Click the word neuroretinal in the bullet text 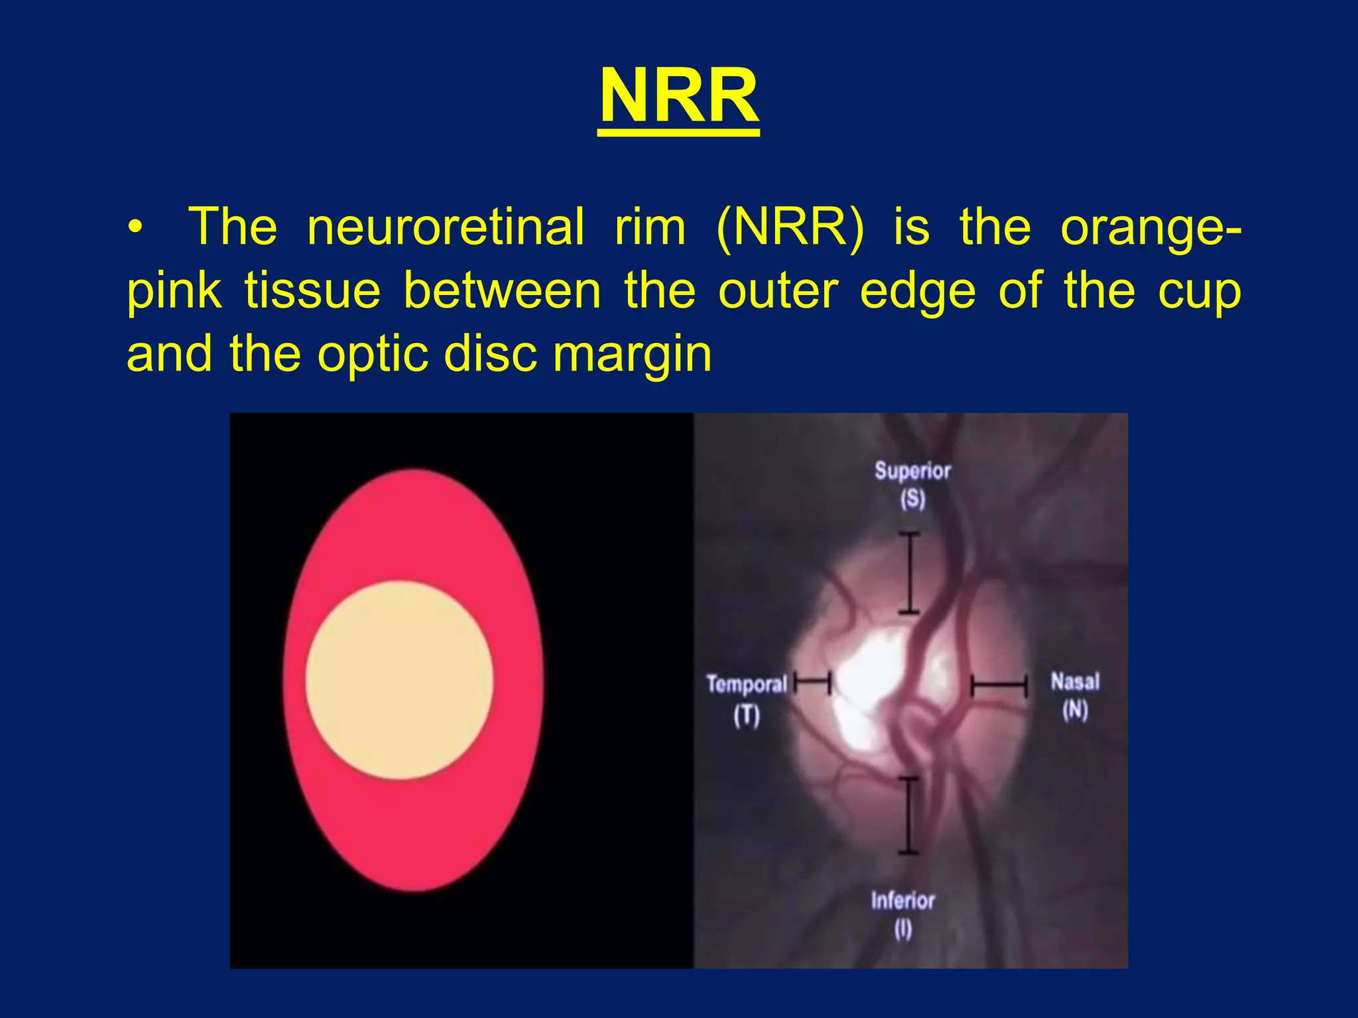point(446,227)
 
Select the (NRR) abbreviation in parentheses point(790,227)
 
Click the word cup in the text point(1199,292)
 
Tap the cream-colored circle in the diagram point(399,679)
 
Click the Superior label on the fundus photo point(912,471)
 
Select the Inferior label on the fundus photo point(902,901)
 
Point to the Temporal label point(746,684)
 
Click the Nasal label point(1075,681)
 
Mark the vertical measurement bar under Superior point(909,573)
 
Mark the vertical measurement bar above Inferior point(908,815)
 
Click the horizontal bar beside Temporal point(812,680)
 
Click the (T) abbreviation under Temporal point(746,716)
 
